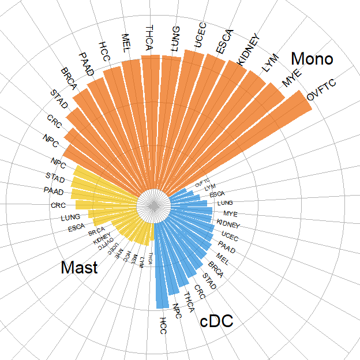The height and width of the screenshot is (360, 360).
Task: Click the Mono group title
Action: [312, 59]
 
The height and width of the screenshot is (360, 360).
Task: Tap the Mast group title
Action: [79, 268]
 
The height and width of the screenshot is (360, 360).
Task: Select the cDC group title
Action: [216, 322]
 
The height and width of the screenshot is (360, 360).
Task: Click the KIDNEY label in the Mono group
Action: [249, 50]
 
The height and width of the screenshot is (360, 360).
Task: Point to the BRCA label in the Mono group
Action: [69, 80]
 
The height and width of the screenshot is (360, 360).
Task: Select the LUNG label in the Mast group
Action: [70, 218]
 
